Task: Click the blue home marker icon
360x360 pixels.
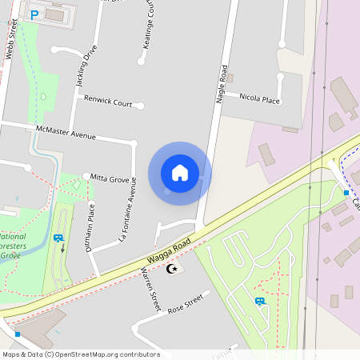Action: point(180,173)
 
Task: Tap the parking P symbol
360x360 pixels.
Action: point(34,14)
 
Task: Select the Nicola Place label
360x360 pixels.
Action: point(260,99)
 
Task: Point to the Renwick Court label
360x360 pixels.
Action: point(108,102)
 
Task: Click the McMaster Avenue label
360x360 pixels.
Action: point(66,132)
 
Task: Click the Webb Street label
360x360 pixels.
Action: point(13,36)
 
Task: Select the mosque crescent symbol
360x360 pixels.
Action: point(170,269)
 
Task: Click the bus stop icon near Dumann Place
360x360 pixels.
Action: point(58,238)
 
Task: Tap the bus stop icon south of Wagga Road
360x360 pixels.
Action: point(259,302)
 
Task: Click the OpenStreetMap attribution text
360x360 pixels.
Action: point(81,354)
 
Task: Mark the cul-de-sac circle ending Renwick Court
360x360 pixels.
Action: point(140,105)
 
